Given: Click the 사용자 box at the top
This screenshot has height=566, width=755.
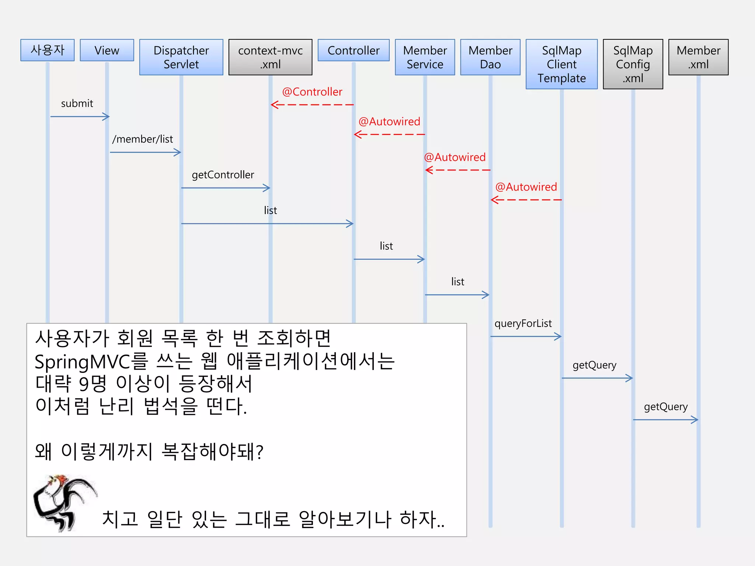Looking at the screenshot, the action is pos(48,50).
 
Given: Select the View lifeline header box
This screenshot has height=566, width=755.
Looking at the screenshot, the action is pos(107,50).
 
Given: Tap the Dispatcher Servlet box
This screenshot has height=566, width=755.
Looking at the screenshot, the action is pos(181,57).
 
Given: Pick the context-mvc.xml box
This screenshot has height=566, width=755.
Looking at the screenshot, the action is pos(270,57).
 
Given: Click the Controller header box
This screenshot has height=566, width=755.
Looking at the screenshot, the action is pos(354,50).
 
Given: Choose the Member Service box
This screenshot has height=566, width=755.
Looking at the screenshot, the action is pos(425,57).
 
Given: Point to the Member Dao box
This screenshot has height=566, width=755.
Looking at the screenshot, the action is pos(490,57).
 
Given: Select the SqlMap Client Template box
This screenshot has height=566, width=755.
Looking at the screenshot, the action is pos(561,64).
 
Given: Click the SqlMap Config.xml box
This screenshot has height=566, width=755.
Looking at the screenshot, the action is pos(633,64).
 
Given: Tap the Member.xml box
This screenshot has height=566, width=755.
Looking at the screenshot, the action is pos(698,57).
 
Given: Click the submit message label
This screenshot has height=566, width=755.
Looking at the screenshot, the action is pos(77,104).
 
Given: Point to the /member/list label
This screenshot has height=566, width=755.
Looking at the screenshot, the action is pos(142,139).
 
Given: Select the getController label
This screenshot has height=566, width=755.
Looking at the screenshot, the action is pos(223,175).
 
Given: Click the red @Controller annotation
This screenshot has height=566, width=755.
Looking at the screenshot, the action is pos(312,92).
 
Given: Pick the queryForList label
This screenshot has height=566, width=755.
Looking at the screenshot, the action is pos(523,324).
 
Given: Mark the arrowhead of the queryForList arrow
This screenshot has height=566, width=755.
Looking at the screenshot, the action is pos(559,336).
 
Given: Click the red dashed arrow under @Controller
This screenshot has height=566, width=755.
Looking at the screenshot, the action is pos(312,105).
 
